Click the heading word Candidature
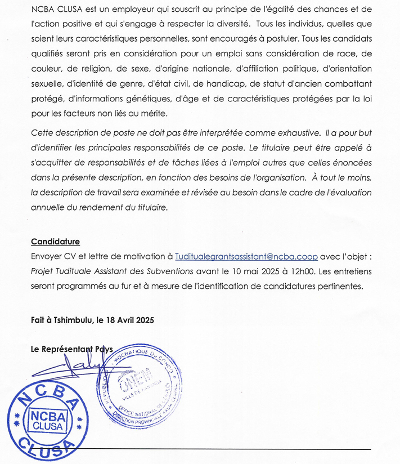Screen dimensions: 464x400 [x=55, y=242]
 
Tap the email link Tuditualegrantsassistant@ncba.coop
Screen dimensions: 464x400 [x=246, y=256]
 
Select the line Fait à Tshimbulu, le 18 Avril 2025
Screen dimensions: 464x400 [x=92, y=320]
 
